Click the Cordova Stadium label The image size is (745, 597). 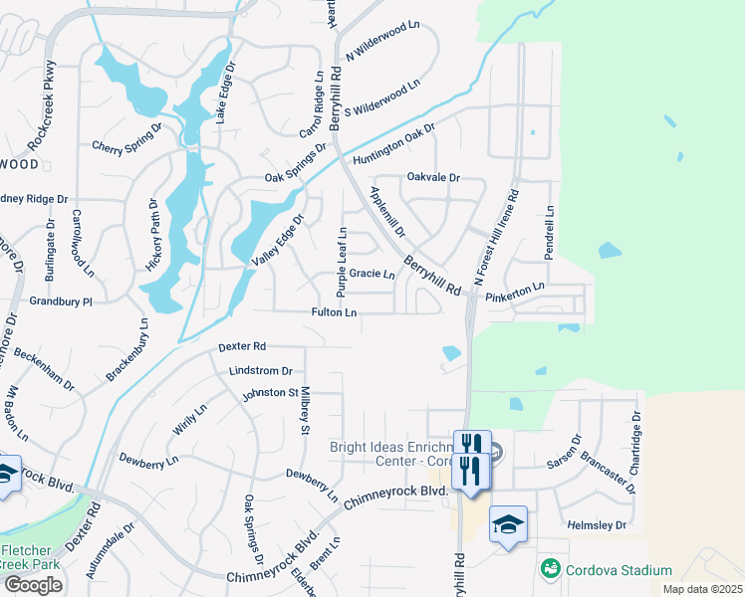[618, 570]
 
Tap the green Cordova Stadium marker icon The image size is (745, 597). [549, 569]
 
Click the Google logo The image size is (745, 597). [33, 584]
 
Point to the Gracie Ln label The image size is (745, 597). [372, 274]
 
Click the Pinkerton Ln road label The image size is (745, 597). [516, 288]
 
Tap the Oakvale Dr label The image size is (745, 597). [433, 177]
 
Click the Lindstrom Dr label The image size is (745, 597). [260, 370]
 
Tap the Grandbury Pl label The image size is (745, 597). [60, 300]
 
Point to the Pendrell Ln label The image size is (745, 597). [549, 233]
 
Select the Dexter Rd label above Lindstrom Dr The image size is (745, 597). [242, 346]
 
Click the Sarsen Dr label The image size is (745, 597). [563, 452]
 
